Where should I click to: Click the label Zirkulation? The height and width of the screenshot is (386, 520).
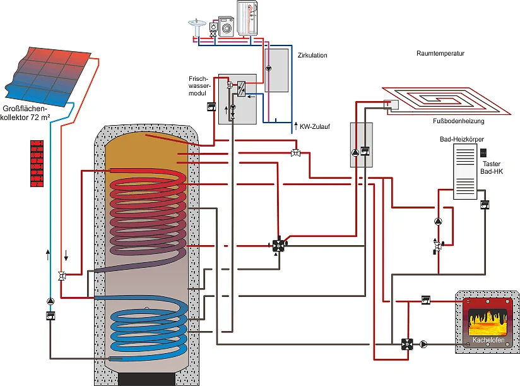click(312, 56)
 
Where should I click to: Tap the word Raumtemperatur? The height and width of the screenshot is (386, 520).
click(440, 54)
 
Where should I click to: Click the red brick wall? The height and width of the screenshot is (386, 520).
click(41, 163)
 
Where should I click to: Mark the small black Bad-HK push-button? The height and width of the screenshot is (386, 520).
click(483, 152)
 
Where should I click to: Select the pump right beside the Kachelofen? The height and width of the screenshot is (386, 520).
click(423, 344)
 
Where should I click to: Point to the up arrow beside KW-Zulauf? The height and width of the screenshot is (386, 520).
click(295, 126)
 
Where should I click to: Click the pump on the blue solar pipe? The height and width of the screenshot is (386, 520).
click(50, 301)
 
